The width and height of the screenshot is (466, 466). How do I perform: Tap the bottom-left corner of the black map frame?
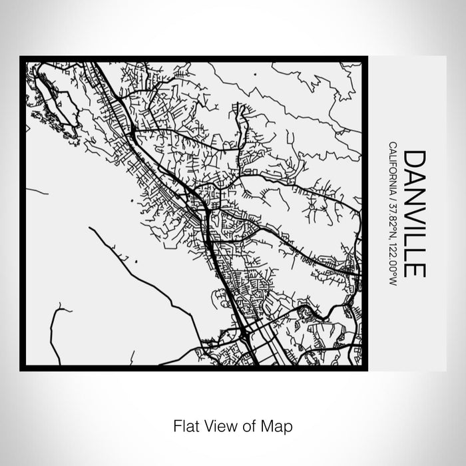(x=22, y=368)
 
